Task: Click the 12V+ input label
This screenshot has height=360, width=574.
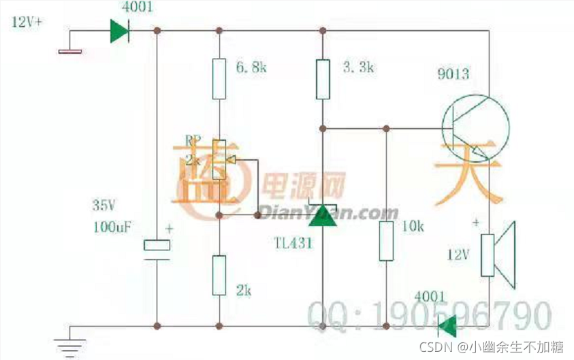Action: coord(27,22)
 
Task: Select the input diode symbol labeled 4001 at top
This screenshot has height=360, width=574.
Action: coord(121,31)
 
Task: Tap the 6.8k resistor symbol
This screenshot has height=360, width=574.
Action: coord(219,78)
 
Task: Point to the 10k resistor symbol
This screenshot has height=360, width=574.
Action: coord(386,240)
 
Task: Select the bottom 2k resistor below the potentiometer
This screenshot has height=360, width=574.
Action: coord(219,274)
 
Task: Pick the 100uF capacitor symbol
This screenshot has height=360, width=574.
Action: coord(157,248)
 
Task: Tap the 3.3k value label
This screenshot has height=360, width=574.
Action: coord(356,67)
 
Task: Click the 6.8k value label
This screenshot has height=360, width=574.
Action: coord(251,67)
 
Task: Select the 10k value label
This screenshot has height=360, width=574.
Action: coord(413,225)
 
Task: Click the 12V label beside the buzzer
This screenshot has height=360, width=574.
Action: coord(459,255)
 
